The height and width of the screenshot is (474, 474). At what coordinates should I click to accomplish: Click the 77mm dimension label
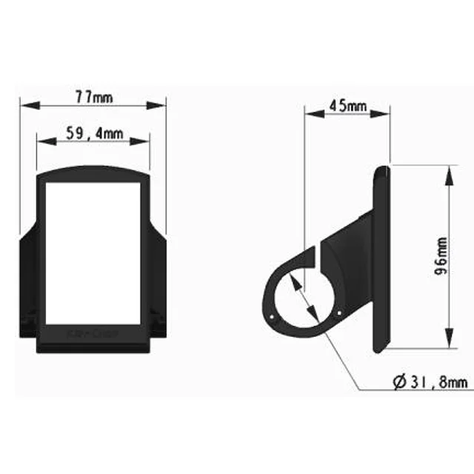(x=94, y=96)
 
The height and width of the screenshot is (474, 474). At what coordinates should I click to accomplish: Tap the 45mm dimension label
(x=347, y=106)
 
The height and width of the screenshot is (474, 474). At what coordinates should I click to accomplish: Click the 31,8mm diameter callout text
(x=438, y=382)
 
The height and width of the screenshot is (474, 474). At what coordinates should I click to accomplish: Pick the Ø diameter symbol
(x=399, y=382)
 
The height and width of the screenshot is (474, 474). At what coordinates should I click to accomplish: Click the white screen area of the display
(x=92, y=252)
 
